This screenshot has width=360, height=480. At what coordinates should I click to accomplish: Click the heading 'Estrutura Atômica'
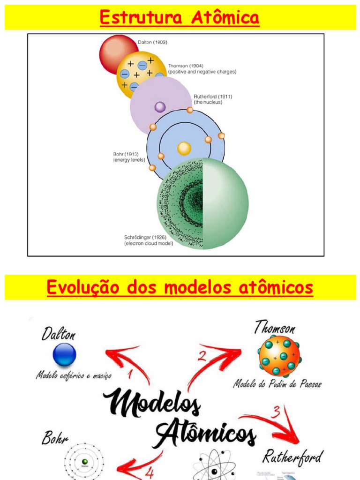coord(180,18)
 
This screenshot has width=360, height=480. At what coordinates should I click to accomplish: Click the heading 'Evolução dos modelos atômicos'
coord(180,287)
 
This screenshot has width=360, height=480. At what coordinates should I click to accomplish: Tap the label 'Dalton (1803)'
coord(152,42)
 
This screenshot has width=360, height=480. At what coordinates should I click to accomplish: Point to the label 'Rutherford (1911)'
coord(213,97)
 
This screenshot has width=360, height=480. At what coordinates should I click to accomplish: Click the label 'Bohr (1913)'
coord(126,154)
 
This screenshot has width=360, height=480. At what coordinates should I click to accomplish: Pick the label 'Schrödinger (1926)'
coord(145,237)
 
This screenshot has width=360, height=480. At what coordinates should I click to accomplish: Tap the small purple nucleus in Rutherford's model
coord(160,107)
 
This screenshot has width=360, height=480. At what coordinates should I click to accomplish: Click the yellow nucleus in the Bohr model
coord(184,149)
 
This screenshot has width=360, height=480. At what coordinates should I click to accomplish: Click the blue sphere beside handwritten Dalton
coord(64,355)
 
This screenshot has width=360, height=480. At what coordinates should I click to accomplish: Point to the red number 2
coord(202,356)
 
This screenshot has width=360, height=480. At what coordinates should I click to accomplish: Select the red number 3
coord(277,412)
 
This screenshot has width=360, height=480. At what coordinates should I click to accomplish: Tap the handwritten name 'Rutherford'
coord(292,456)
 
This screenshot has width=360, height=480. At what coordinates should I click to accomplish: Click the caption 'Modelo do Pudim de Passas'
coord(277,384)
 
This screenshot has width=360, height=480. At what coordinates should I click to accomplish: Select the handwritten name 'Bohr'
coord(55,438)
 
